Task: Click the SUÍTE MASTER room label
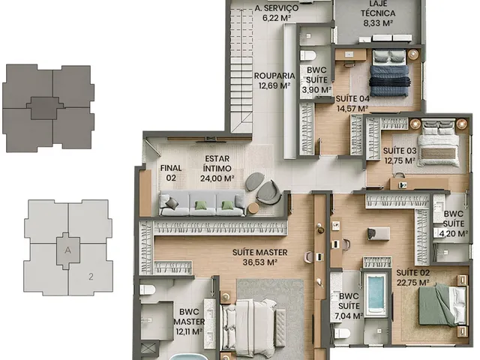tap(260, 253)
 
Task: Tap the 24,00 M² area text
tap(217, 178)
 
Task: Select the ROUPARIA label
tap(274, 76)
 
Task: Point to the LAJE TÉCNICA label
tap(378, 8)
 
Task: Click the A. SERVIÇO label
tap(277, 8)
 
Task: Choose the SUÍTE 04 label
tap(352, 99)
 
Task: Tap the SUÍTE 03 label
tap(400, 151)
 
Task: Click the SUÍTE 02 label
tap(413, 272)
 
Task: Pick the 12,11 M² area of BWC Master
tap(189, 331)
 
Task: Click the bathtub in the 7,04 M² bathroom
tap(376, 295)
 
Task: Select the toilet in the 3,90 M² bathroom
tap(308, 55)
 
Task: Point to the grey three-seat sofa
tap(202, 203)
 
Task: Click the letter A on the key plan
tap(68, 250)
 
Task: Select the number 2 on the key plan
tap(91, 277)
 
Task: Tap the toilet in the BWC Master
tap(147, 289)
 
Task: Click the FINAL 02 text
tap(171, 173)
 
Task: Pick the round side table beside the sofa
tap(253, 208)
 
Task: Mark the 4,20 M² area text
tap(454, 233)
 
